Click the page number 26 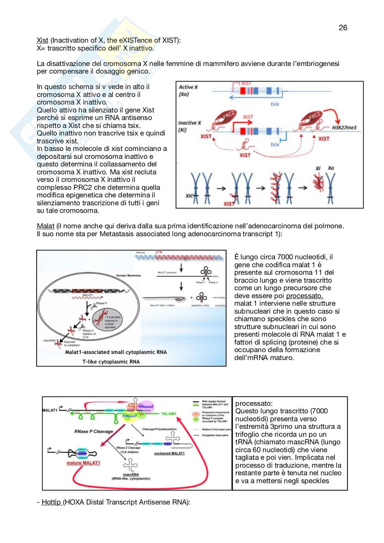click(x=343, y=28)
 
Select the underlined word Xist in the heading click(x=42, y=40)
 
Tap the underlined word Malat click(x=45, y=226)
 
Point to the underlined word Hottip click(x=52, y=502)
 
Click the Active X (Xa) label click(x=188, y=90)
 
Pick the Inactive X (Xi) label click(x=189, y=126)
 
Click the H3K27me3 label click(x=344, y=128)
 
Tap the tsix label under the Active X click(x=275, y=104)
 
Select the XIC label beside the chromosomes click(x=189, y=196)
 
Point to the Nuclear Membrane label click(x=128, y=275)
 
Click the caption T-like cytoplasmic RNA click(x=111, y=361)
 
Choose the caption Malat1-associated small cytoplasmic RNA click(x=116, y=352)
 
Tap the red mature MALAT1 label click(x=83, y=463)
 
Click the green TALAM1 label click(x=169, y=414)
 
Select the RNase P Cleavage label click(x=94, y=431)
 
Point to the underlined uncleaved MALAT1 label click(x=169, y=453)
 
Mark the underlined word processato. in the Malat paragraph click(x=305, y=296)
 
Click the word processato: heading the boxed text click(x=254, y=403)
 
